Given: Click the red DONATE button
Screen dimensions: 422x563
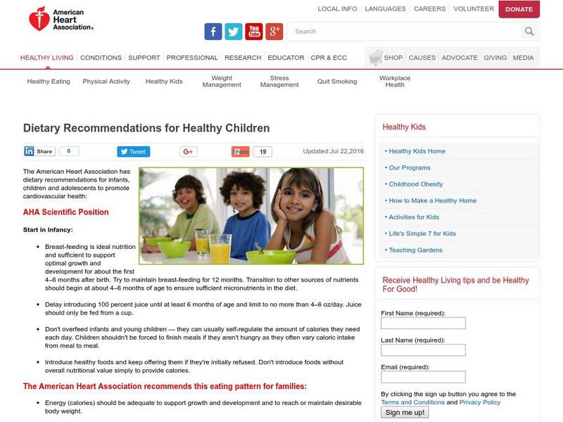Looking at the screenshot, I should click(x=519, y=9).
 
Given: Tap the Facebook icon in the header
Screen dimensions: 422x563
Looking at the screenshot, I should click(x=213, y=32).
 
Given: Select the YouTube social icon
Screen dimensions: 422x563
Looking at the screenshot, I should click(x=254, y=32).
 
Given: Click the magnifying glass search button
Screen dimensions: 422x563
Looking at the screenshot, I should click(x=529, y=32).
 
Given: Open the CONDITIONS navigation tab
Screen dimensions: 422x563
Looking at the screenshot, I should click(x=101, y=58).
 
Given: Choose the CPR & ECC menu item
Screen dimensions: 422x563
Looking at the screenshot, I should click(x=329, y=58).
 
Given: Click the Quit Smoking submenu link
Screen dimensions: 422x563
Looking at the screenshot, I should click(x=337, y=82).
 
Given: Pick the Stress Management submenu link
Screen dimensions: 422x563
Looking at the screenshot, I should click(x=279, y=82).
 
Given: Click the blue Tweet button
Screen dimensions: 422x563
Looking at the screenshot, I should click(x=132, y=151).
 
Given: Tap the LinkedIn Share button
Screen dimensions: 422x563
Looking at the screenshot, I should click(x=39, y=151).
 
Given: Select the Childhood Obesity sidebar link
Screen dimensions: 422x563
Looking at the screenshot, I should click(x=416, y=184).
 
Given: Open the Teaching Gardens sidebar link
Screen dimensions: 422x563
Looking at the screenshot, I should click(x=415, y=250).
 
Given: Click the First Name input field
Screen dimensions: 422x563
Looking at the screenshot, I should click(x=423, y=324).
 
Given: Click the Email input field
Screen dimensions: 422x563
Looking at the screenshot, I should click(x=423, y=377).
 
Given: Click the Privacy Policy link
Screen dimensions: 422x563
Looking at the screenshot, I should click(x=481, y=402).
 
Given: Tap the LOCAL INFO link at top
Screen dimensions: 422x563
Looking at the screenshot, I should click(x=337, y=9).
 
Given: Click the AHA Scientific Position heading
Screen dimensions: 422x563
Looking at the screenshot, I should click(x=65, y=212).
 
